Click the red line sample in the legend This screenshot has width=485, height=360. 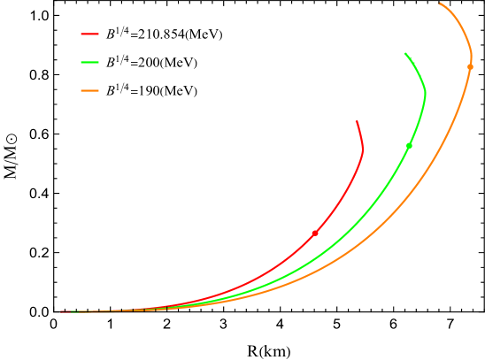point(89,34)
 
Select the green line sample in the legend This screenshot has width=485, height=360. point(89,63)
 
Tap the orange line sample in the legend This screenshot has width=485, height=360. point(89,91)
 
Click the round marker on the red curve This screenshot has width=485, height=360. point(315,233)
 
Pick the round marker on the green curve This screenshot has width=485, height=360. point(409,145)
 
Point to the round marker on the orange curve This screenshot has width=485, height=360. point(470,66)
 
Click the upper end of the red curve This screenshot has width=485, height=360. point(357,121)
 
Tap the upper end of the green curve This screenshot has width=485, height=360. point(405,54)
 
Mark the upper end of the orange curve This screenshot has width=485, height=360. point(440,4)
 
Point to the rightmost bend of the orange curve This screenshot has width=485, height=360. point(471,53)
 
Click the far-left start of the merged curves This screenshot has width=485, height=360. point(61,311)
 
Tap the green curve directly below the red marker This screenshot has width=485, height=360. point(315,259)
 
